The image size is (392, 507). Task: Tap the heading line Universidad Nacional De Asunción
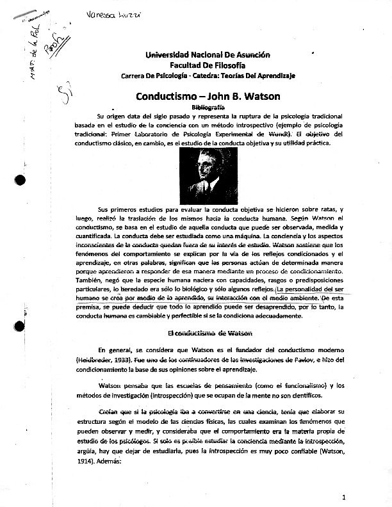click(199, 56)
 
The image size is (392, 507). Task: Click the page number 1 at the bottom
click(344, 497)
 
